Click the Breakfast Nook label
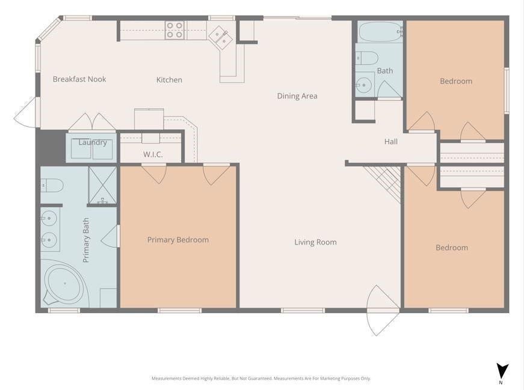click(79, 79)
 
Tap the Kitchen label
click(169, 80)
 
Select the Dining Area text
click(297, 96)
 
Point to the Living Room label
click(315, 242)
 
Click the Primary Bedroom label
click(178, 240)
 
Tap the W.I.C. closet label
click(153, 154)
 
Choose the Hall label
click(391, 142)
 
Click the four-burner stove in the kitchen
click(175, 30)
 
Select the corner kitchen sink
click(221, 37)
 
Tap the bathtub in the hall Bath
click(381, 32)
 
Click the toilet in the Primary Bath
click(52, 185)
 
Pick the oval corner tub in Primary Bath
click(64, 284)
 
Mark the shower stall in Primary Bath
click(102, 185)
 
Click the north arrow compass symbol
click(502, 371)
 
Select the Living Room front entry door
click(383, 310)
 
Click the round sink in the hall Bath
click(363, 85)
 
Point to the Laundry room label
click(93, 142)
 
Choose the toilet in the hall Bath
click(367, 58)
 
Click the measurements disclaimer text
click(261, 379)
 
